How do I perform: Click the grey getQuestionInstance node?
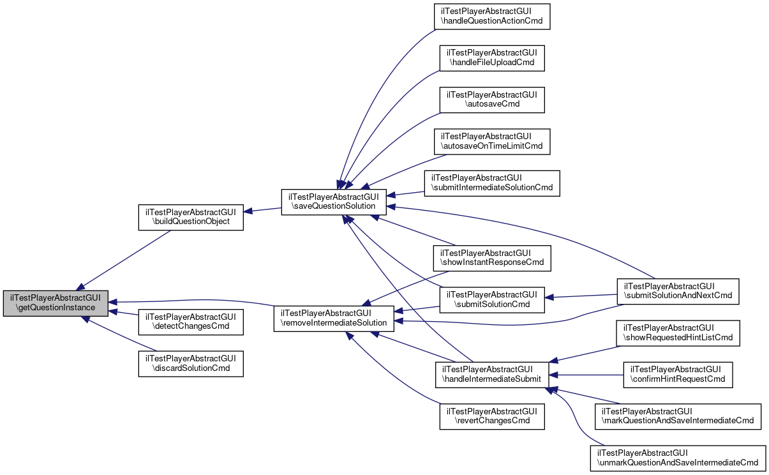tap(55, 303)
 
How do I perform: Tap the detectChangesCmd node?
tap(191, 322)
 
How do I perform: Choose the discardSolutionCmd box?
tap(191, 363)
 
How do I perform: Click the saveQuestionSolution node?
tap(334, 201)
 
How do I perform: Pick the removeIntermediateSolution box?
tap(334, 317)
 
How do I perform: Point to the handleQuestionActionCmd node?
tap(491, 17)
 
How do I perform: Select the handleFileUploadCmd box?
tap(491, 57)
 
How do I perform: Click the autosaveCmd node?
tap(491, 100)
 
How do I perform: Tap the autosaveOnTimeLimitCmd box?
tap(491, 141)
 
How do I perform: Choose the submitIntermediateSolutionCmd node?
tap(492, 183)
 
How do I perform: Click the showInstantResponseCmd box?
tap(491, 257)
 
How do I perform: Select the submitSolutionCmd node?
tap(491, 299)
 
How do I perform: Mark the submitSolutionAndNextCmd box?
tap(678, 291)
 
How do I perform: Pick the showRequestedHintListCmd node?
tap(678, 333)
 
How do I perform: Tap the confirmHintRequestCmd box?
tap(678, 374)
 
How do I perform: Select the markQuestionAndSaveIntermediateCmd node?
tap(678, 416)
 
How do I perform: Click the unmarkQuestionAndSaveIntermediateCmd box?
tap(678, 458)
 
